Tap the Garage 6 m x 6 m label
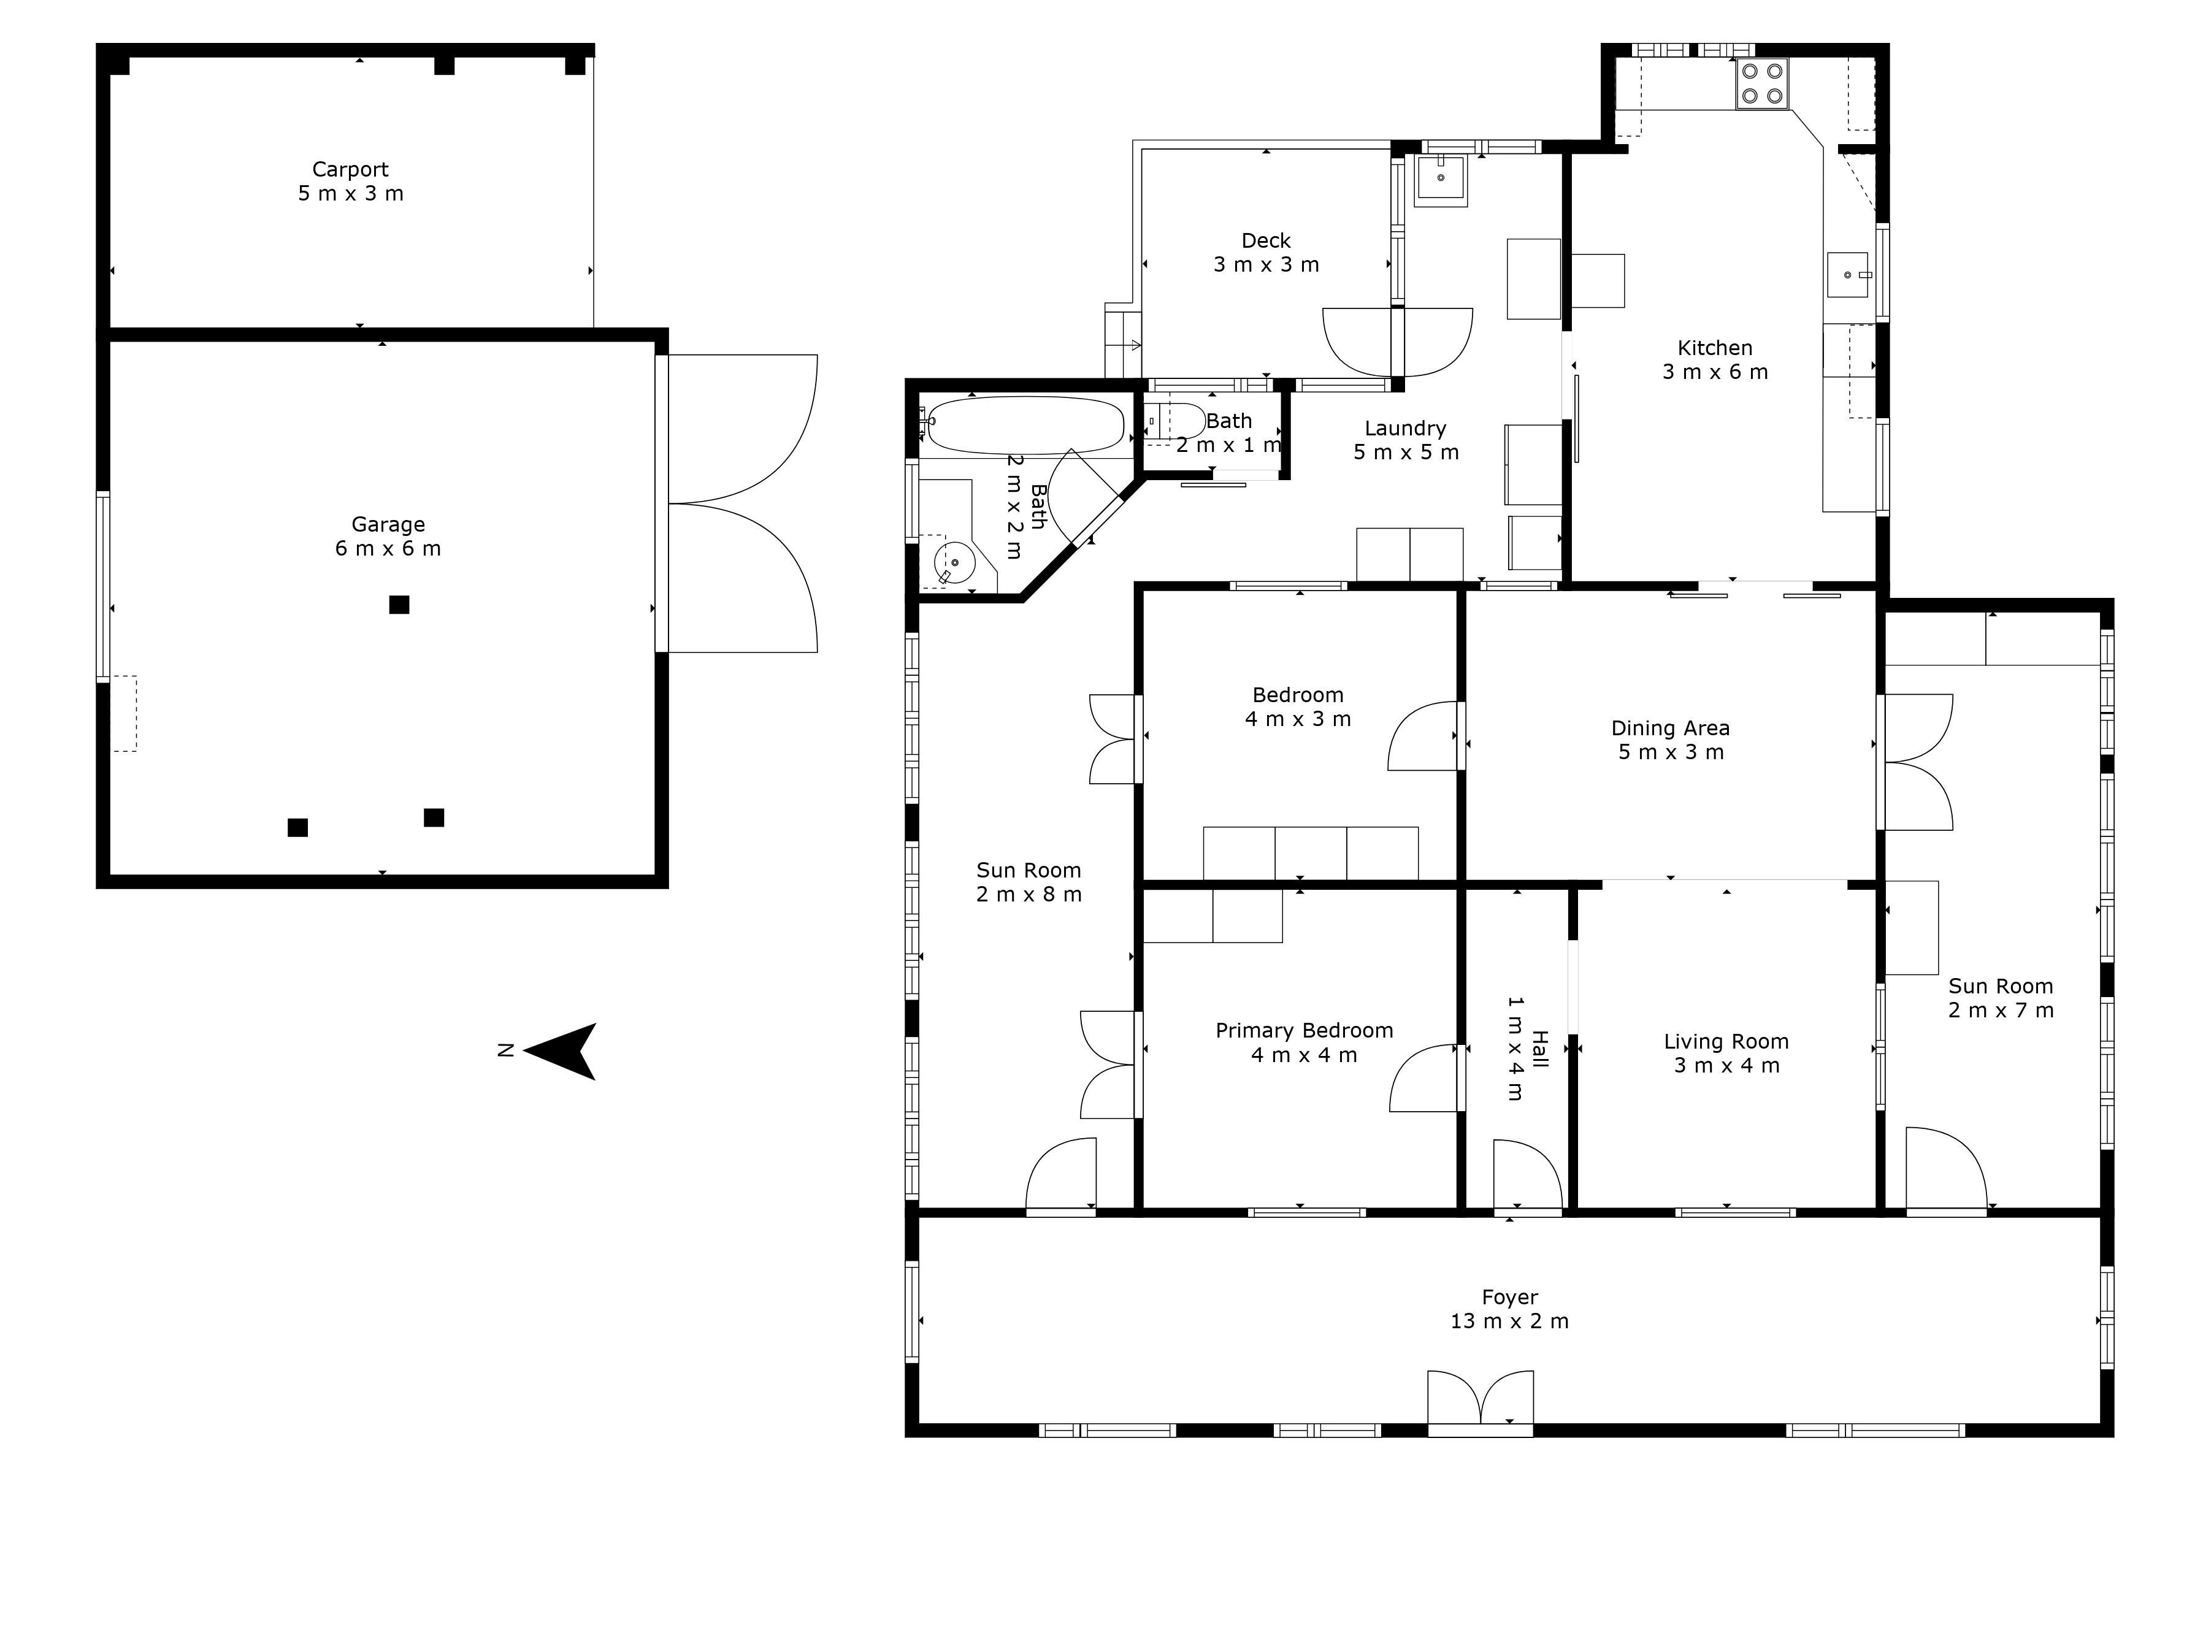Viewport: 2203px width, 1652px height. pos(388,536)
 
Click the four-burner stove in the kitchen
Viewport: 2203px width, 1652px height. pos(1762,83)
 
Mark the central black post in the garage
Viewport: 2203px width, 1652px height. pos(399,605)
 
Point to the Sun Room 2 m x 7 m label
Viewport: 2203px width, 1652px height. pos(2001,998)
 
